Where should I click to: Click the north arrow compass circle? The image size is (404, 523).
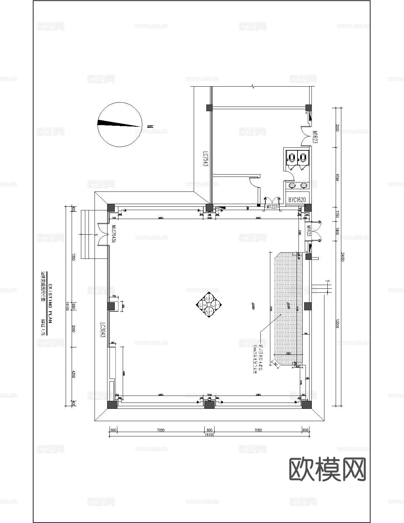120,124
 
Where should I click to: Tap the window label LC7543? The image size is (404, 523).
206,159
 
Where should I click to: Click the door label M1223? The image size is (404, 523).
272,207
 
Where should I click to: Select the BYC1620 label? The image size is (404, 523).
297,200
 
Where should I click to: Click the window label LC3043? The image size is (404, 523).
103,330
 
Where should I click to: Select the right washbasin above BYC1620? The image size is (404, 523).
303,185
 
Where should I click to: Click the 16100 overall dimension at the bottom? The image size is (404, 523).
209,434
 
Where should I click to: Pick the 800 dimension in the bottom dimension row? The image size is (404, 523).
209,430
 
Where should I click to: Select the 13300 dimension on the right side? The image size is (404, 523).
337,324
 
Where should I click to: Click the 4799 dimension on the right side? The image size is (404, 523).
337,177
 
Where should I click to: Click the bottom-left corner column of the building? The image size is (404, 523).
112,405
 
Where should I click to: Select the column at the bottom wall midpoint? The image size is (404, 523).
209,405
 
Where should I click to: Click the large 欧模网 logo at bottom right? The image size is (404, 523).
327,469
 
